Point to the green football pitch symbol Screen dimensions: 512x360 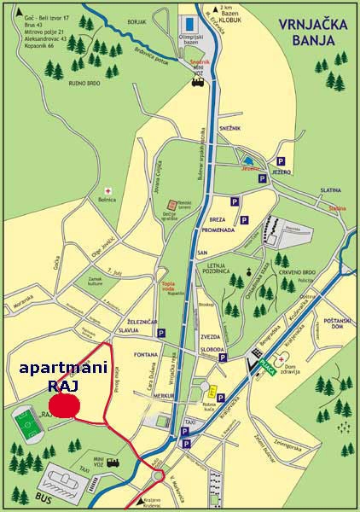click(27, 424)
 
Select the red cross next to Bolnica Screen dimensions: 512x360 click(107, 190)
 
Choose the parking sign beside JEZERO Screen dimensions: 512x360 click(280, 160)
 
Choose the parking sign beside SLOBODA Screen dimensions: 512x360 click(223, 359)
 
